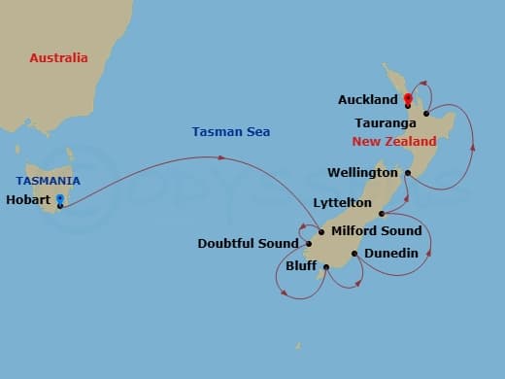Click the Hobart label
click(x=28, y=200)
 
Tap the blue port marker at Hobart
click(x=60, y=199)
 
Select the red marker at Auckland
click(x=408, y=98)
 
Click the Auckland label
click(x=368, y=100)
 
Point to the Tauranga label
click(x=387, y=123)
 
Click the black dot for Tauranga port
click(x=426, y=114)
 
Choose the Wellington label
click(x=364, y=172)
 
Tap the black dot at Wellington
click(x=408, y=173)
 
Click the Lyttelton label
click(x=343, y=202)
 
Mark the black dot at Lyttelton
click(x=382, y=213)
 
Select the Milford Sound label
click(x=377, y=230)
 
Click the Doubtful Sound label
click(x=248, y=243)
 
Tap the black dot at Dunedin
click(x=354, y=254)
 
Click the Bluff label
click(x=302, y=264)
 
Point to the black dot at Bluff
click(x=326, y=266)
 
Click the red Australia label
click(x=58, y=58)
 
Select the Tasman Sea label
click(x=231, y=132)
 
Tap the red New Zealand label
click(x=394, y=142)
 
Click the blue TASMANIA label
click(x=48, y=182)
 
